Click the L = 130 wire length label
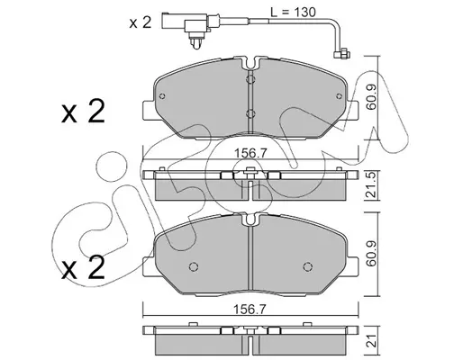[x=293, y=13]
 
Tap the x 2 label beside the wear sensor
[x=141, y=22]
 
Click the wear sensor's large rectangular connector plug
[x=184, y=22]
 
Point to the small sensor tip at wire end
[x=342, y=55]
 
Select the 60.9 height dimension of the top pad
[x=371, y=98]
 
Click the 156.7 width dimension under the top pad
[x=250, y=154]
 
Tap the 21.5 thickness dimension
[x=371, y=186]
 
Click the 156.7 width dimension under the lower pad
[x=250, y=310]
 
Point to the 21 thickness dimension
[x=372, y=340]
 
